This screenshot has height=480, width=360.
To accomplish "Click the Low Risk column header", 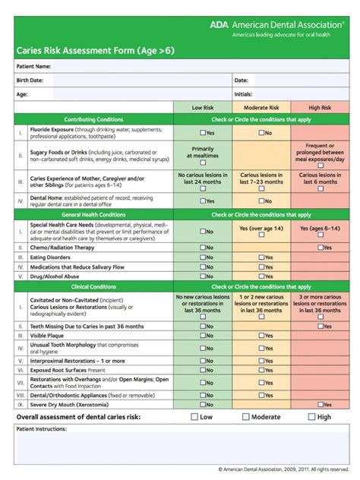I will pyautogui.click(x=202, y=108).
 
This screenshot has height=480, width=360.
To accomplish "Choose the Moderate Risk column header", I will pyautogui.click(x=261, y=108).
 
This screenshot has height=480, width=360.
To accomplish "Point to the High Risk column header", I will pyautogui.click(x=320, y=108).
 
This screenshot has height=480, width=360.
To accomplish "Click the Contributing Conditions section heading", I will pyautogui.click(x=93, y=120).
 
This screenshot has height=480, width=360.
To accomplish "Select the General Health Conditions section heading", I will pyautogui.click(x=93, y=215).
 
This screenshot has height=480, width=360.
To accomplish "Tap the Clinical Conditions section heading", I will pyautogui.click(x=93, y=287).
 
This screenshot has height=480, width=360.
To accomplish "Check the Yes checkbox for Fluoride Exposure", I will pyautogui.click(x=202, y=133).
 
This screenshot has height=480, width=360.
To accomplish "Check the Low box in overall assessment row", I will pyautogui.click(x=194, y=417).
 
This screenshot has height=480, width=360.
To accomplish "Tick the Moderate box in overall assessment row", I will pyautogui.click(x=245, y=417).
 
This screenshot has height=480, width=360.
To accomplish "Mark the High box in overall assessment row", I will pyautogui.click(x=311, y=417).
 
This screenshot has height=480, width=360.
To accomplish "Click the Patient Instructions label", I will pyautogui.click(x=42, y=429).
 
